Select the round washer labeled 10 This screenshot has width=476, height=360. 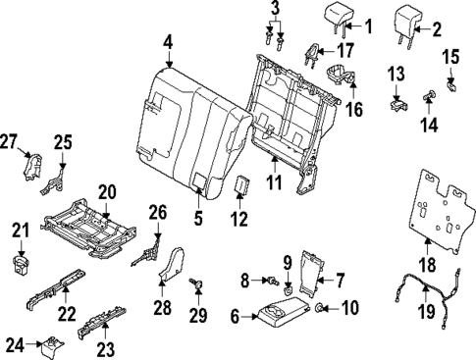click(x=319, y=311)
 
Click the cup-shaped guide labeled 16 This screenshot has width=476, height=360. click(x=341, y=76)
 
